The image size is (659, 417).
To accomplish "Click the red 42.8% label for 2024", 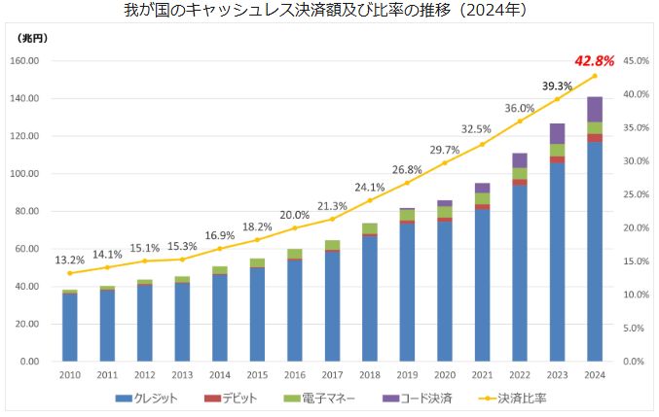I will coord(594,60).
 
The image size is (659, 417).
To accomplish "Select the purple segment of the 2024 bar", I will coord(594,109).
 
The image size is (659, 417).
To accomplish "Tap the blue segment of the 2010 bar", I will coord(70,327).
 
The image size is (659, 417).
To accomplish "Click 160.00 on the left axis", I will coord(33,61).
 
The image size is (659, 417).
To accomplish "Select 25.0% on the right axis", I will coord(636,193).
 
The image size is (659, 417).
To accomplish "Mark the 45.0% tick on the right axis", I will coord(636,61).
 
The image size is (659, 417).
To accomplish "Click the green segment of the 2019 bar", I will coord(407,215).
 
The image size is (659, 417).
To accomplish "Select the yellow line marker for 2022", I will coord(519,121).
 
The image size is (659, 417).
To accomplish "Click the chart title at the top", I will coord(329,11).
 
